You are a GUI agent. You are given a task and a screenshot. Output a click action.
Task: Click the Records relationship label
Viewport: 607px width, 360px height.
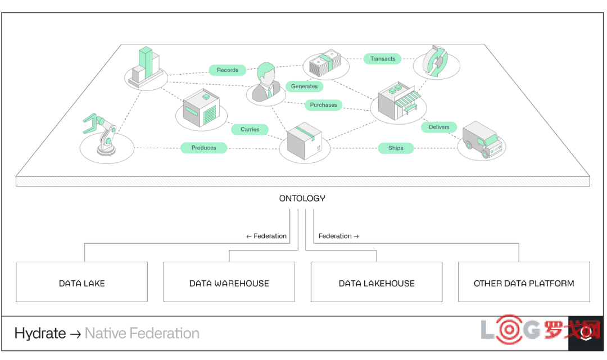pos(227,70)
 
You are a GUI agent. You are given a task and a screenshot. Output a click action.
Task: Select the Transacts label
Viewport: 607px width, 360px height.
pos(383,59)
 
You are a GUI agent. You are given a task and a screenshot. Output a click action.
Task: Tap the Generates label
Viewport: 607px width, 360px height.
pos(304,86)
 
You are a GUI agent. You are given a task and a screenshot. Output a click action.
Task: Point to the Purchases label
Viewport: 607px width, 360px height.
pos(323,105)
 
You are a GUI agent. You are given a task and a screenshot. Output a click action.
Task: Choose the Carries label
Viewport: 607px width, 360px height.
pos(250,129)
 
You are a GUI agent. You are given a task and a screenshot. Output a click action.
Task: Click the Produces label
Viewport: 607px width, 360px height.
pos(203,148)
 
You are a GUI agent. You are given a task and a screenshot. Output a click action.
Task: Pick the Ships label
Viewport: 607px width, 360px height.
pos(396,148)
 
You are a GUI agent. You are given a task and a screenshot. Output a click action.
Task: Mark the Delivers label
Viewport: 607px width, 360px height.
pos(439,127)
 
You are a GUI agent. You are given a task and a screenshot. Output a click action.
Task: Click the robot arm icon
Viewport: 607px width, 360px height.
pos(101,134)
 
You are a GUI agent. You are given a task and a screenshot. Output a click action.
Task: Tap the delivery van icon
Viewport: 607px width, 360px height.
pos(482,139)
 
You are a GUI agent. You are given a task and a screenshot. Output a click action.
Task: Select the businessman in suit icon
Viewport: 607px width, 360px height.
pos(266,82)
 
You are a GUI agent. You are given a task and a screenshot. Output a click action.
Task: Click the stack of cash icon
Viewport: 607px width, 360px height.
pos(326,63)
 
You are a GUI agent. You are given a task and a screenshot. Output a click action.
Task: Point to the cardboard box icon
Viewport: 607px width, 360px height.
pos(304,141)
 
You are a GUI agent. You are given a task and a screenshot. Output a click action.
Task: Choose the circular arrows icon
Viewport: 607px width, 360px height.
pos(436,61)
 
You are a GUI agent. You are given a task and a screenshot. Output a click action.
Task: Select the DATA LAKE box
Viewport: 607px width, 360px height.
pos(81,282)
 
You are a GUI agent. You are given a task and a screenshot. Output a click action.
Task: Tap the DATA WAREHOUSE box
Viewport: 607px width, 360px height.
pos(229,282)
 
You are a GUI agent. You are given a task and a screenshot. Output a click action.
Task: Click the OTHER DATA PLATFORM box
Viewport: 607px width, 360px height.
pos(524,282)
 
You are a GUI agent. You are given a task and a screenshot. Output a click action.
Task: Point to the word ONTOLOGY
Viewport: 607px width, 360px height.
pos(302,198)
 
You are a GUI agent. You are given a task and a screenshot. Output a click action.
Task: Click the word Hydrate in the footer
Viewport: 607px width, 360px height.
pos(40,333)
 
